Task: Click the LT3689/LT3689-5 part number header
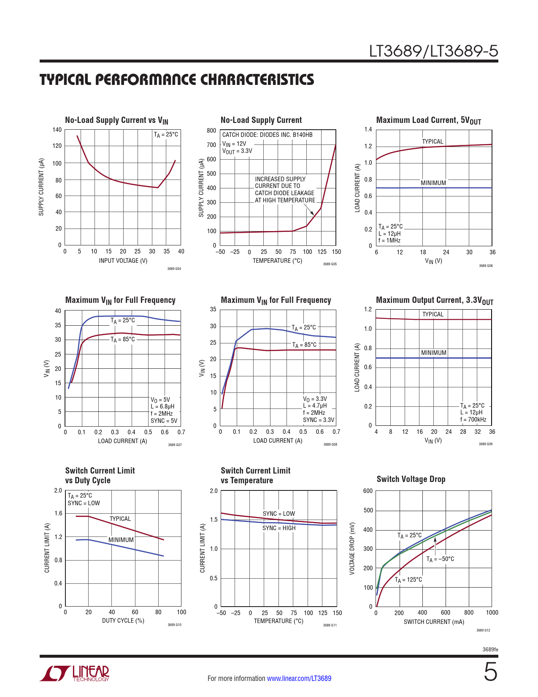click(x=433, y=51)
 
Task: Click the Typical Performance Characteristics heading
click(x=177, y=80)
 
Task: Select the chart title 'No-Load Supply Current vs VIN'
click(x=116, y=120)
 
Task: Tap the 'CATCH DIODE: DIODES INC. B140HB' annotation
click(x=267, y=135)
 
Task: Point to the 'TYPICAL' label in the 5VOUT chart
click(x=433, y=142)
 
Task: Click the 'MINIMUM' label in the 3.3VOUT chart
click(x=433, y=353)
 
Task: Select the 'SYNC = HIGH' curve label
click(x=279, y=528)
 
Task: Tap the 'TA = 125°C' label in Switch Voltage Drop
click(x=408, y=580)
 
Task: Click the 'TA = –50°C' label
click(x=440, y=559)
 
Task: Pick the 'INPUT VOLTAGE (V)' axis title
click(x=123, y=261)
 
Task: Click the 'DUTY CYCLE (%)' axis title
click(x=123, y=621)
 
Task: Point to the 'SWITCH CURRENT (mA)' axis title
click(x=433, y=622)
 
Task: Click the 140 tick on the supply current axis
click(x=57, y=130)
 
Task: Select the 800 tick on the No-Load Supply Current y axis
click(x=211, y=131)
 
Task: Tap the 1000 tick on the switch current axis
click(x=492, y=613)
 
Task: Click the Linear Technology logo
click(x=75, y=673)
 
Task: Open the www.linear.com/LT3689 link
click(x=299, y=678)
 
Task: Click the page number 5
click(x=490, y=672)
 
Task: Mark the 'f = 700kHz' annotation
click(x=473, y=419)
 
